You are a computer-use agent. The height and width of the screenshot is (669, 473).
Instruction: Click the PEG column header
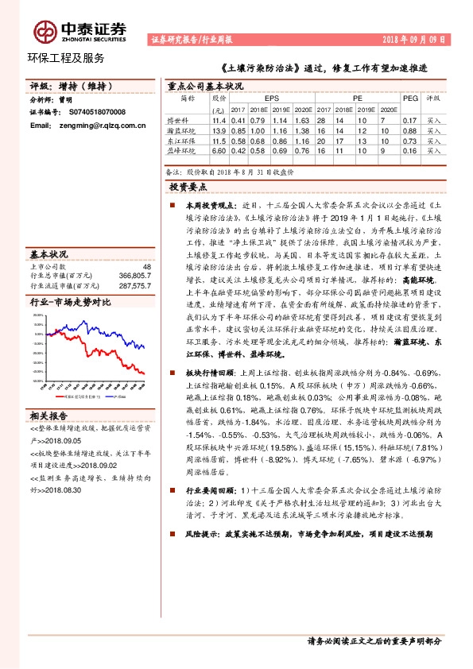tap(409, 99)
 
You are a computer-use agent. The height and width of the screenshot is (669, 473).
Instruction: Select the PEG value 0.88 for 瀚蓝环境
tap(409, 130)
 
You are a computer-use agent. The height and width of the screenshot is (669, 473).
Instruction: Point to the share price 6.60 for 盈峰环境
tap(219, 150)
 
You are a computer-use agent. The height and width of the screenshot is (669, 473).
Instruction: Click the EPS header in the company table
tap(272, 99)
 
